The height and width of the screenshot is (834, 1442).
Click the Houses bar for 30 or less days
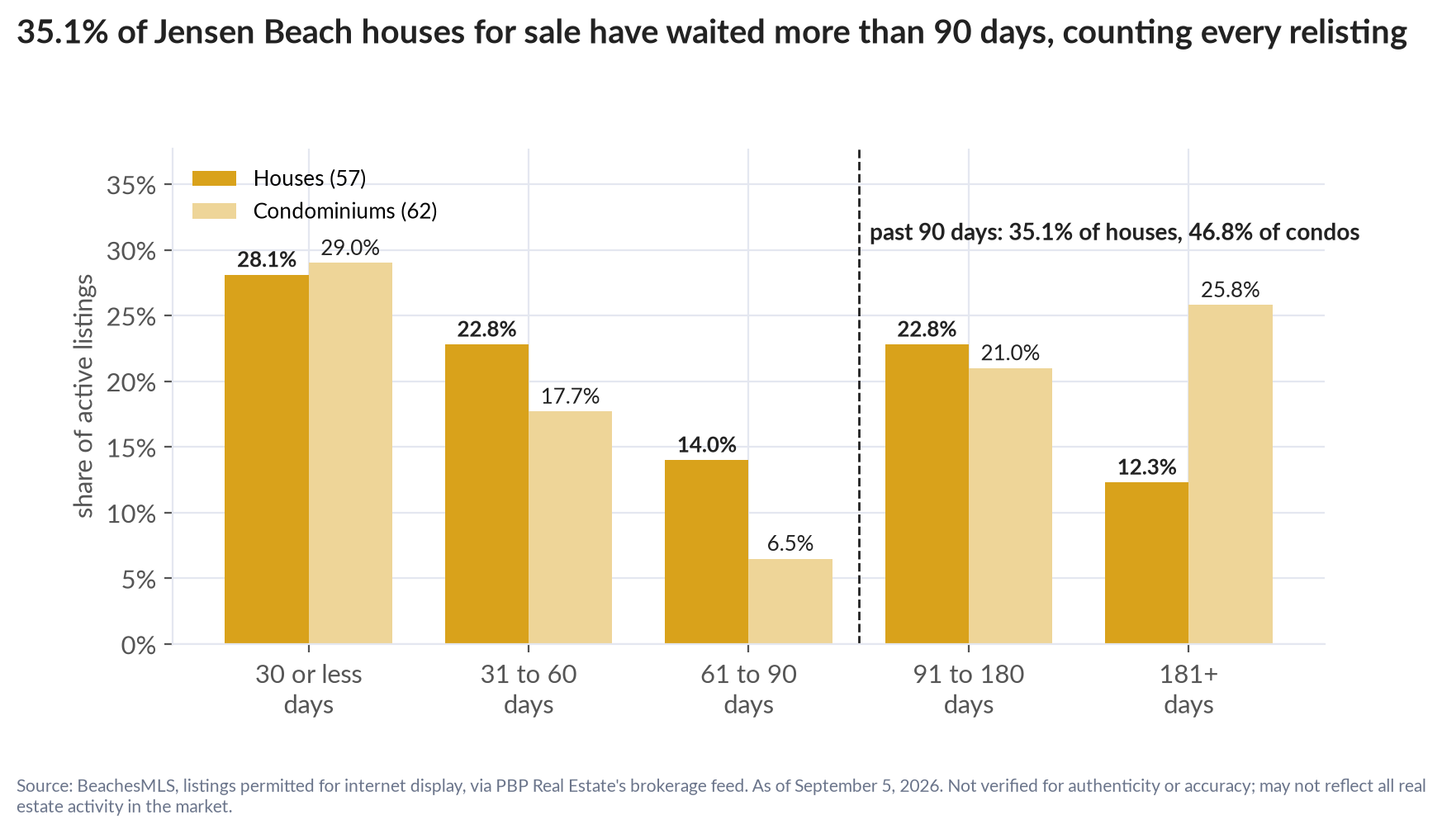pyautogui.click(x=267, y=459)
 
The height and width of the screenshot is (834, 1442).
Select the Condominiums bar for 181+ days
pyautogui.click(x=1231, y=474)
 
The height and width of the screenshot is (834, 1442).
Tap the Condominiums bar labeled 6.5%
pyautogui.click(x=790, y=601)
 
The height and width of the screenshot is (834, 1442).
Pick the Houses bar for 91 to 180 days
pyautogui.click(x=927, y=494)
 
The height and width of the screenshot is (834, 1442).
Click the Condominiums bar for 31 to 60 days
pyautogui.click(x=571, y=528)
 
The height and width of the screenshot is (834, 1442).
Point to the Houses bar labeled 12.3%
pyautogui.click(x=1146, y=563)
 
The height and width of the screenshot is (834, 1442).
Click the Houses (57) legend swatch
pyautogui.click(x=214, y=178)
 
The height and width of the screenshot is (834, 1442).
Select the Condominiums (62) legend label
pyautogui.click(x=345, y=211)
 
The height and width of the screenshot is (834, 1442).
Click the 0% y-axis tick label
pyautogui.click(x=139, y=645)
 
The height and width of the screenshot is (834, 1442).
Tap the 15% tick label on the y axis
pyautogui.click(x=131, y=448)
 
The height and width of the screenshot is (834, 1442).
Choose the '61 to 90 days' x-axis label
pyautogui.click(x=748, y=689)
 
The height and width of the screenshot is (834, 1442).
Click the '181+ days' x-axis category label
pyautogui.click(x=1188, y=689)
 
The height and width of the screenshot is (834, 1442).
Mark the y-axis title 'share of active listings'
pyautogui.click(x=84, y=396)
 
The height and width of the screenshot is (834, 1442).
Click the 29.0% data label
pyautogui.click(x=350, y=248)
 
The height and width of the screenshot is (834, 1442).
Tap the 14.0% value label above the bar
pyautogui.click(x=707, y=445)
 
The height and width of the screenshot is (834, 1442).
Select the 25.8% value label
pyautogui.click(x=1231, y=290)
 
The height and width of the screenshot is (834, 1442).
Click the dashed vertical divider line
pyautogui.click(x=860, y=396)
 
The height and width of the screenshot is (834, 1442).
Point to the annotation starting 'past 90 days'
pyautogui.click(x=1114, y=232)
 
